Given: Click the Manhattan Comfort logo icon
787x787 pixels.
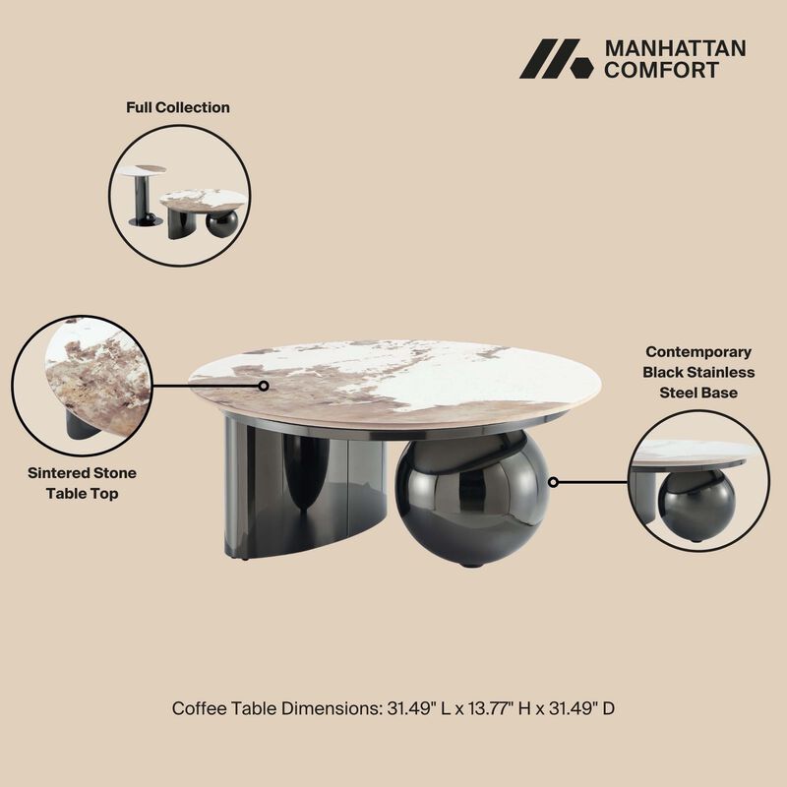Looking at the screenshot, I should click(x=556, y=59).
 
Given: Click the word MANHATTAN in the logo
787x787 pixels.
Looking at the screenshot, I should click(x=675, y=48).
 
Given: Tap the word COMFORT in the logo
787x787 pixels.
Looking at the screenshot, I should click(x=660, y=70).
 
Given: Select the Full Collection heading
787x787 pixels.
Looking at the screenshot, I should click(x=178, y=107).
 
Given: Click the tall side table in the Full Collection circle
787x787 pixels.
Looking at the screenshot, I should click(x=144, y=195).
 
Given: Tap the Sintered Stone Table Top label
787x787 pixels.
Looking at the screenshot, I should click(x=83, y=483).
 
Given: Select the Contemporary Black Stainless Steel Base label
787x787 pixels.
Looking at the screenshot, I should click(x=698, y=373).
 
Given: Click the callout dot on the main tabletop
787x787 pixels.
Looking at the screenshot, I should click(x=264, y=386).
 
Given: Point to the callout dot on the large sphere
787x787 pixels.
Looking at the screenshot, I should click(x=554, y=482).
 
